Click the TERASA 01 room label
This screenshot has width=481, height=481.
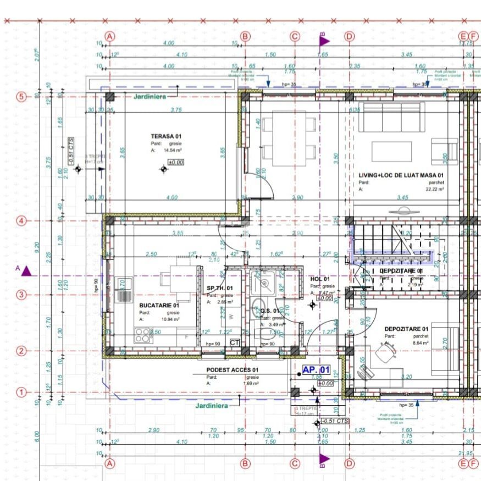pos(166,136)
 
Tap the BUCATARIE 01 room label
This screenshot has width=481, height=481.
pos(159,305)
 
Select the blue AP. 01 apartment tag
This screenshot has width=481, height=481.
pos(316,370)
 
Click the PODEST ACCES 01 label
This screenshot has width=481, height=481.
pos(233,370)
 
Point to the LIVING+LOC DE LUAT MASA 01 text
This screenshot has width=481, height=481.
pos(401,175)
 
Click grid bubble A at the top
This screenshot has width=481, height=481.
pos(110,37)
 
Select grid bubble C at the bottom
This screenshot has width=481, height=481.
pos(295,463)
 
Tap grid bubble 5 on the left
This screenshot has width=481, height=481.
pos(21,97)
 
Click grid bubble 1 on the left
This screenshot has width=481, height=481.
pos(21,392)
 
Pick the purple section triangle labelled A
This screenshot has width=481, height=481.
pos(27,271)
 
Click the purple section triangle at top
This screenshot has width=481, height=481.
pos(324,40)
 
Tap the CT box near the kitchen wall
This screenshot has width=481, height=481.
pos(235,342)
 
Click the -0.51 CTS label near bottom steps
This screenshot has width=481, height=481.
pos(335,421)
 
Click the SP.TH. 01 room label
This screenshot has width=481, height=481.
pos(220,288)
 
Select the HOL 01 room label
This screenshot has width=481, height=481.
pos(320,279)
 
